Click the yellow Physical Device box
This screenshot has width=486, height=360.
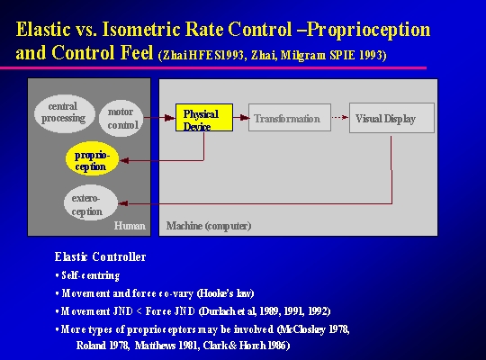(204, 117)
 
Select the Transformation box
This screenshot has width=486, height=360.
(290, 117)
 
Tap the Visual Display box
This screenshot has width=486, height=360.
(391, 118)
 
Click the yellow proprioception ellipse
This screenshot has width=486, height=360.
(92, 158)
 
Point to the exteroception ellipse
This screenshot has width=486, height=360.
(91, 202)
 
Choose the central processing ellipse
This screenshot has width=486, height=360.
(65, 113)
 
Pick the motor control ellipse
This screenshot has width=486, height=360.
(121, 118)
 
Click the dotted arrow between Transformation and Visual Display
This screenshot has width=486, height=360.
(340, 117)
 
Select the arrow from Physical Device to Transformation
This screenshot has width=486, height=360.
(241, 117)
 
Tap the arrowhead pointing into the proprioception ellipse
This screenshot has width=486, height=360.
(124, 160)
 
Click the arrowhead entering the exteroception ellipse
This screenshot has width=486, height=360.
(123, 203)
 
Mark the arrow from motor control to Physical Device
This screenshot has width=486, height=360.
(159, 118)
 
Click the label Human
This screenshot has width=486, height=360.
(130, 225)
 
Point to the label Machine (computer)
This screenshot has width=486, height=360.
(209, 226)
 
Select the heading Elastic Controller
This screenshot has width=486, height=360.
(100, 256)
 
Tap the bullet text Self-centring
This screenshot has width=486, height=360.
(91, 275)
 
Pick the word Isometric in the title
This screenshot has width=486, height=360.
(141, 30)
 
